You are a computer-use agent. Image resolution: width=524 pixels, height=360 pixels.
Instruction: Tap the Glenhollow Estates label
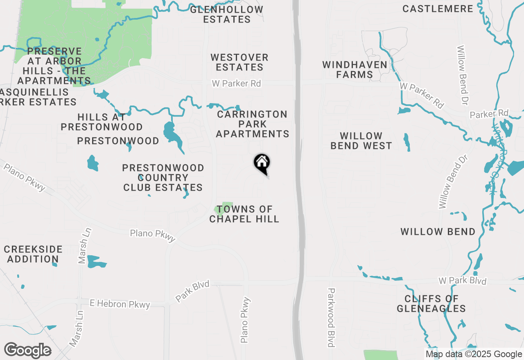pyautogui.click(x=227, y=14)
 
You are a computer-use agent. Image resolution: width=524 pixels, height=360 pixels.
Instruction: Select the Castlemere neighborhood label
pyautogui.click(x=438, y=9)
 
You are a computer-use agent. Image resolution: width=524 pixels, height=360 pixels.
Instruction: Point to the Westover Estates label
pyautogui.click(x=239, y=62)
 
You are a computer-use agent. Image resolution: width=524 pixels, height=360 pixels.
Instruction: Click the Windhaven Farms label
pyautogui.click(x=355, y=70)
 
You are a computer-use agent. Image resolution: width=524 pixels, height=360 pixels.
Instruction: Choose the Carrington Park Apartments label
pyautogui.click(x=253, y=124)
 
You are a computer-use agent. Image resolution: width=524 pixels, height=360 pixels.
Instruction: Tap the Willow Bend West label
pyautogui.click(x=361, y=141)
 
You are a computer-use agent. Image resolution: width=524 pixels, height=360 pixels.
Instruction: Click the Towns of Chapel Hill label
pyautogui.click(x=244, y=214)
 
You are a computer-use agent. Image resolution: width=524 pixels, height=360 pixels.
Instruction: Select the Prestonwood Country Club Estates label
pyautogui.click(x=163, y=178)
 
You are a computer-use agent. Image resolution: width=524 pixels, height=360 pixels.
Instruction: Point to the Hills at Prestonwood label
pyautogui.click(x=102, y=122)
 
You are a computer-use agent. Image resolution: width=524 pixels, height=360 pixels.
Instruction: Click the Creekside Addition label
pyautogui.click(x=33, y=254)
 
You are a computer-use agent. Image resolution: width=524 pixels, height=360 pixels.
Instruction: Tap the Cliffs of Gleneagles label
pyautogui.click(x=431, y=304)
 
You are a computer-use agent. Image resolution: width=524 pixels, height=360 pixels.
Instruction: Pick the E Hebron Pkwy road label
pyautogui.click(x=120, y=304)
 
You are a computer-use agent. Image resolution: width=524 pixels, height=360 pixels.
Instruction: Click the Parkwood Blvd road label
pyautogui.click(x=331, y=317)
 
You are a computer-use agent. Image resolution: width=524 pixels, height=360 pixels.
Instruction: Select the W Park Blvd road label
pyautogui.click(x=462, y=281)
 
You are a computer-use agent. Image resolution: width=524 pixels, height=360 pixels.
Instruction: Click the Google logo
pyautogui.click(x=27, y=351)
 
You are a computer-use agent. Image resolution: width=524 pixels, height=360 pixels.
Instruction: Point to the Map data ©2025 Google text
pyautogui.click(x=473, y=354)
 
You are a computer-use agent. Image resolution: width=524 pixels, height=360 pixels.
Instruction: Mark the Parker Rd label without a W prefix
pyautogui.click(x=489, y=113)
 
